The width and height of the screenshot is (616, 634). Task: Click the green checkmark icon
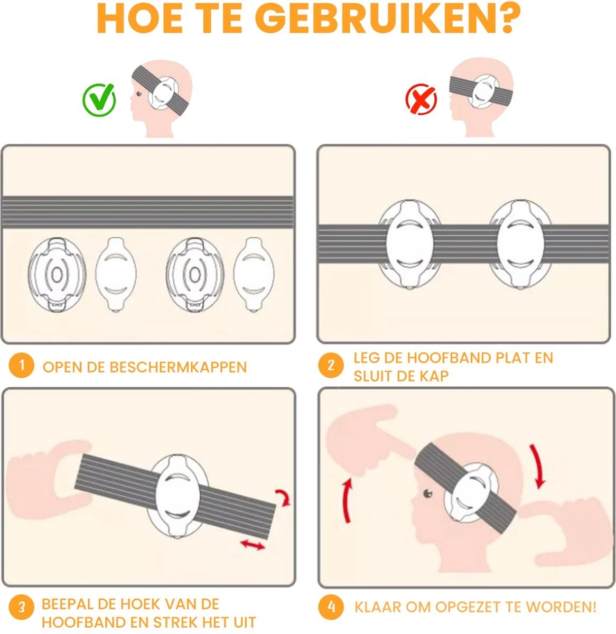[99, 100]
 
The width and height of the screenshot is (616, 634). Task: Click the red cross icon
[422, 99]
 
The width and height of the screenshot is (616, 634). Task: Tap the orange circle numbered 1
[22, 366]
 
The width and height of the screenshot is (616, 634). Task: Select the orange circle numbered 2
[331, 366]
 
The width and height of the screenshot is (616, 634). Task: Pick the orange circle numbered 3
[22, 608]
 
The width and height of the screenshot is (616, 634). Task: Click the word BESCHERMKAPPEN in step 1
[178, 367]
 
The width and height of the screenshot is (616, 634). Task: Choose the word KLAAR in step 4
[378, 607]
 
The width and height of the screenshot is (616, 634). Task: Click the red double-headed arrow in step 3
[253, 544]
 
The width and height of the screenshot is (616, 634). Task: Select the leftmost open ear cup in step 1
[57, 275]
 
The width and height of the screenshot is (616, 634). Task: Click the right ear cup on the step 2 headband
[520, 244]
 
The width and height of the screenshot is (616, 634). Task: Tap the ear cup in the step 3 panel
[178, 497]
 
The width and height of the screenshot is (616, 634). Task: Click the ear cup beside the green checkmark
[163, 93]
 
